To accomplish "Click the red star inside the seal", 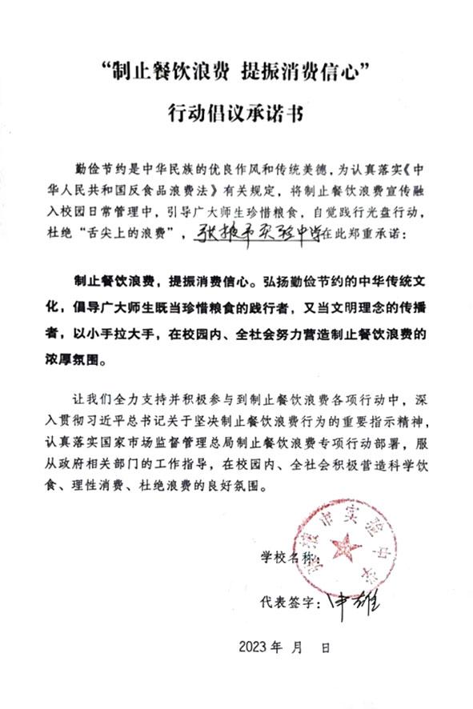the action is click(x=346, y=551).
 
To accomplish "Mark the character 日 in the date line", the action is click(x=326, y=647).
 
